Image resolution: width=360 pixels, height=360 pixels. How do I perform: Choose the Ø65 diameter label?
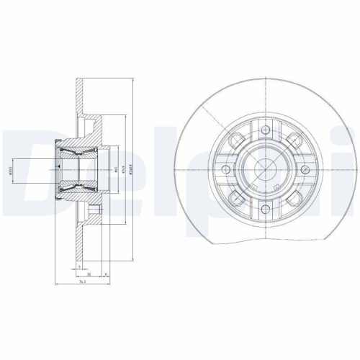(x=116, y=171)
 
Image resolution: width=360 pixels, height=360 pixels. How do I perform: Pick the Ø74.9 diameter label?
(x=123, y=171)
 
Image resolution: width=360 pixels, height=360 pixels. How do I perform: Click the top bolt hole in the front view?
(x=266, y=130)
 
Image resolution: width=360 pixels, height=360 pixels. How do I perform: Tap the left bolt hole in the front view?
(x=226, y=171)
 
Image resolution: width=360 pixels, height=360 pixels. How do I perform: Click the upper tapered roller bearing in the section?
(x=75, y=152)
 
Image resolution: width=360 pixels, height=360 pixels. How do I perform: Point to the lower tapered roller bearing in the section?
(x=75, y=189)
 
